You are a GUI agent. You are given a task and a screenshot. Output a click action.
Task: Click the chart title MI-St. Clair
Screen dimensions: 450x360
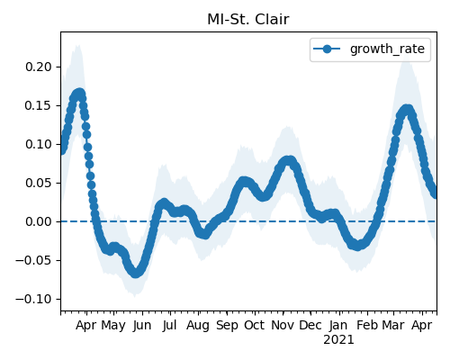point(248,20)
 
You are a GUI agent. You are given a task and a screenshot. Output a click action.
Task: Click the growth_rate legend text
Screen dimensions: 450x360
point(387,49)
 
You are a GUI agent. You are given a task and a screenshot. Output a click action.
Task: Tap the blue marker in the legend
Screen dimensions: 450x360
point(327,49)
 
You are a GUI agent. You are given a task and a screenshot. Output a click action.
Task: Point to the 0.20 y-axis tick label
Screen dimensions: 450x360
point(39,67)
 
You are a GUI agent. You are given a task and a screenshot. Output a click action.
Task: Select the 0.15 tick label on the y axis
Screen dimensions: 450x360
point(39,105)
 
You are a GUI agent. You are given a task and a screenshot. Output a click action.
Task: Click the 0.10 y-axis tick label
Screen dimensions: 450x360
point(39,144)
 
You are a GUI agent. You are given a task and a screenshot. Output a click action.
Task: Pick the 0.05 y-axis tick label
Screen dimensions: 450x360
point(39,183)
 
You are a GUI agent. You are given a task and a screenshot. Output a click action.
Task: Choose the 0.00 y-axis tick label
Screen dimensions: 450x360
point(39,221)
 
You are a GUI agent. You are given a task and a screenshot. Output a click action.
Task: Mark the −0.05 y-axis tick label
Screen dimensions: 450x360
point(33,260)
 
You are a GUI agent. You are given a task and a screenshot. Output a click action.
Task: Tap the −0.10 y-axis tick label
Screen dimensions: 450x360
point(33,299)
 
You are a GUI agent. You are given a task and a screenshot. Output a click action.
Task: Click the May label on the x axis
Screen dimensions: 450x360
point(113,326)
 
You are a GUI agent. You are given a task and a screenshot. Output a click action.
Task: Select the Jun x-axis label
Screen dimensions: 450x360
point(142,326)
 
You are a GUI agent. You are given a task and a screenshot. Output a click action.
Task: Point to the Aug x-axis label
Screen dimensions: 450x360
point(198,326)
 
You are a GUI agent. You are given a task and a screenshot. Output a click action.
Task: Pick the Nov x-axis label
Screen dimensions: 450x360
point(283,325)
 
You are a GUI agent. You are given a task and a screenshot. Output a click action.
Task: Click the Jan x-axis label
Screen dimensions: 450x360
point(338,325)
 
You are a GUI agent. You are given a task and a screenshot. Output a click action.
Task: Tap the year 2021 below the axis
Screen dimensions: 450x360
point(338,340)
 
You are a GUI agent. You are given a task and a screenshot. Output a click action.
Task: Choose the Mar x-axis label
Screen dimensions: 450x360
point(393,325)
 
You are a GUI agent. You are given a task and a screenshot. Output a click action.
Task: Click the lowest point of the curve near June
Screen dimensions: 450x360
point(136,273)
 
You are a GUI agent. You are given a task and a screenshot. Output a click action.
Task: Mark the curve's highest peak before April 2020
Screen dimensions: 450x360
point(79,93)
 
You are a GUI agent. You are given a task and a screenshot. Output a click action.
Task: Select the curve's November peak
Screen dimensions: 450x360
point(289,160)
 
